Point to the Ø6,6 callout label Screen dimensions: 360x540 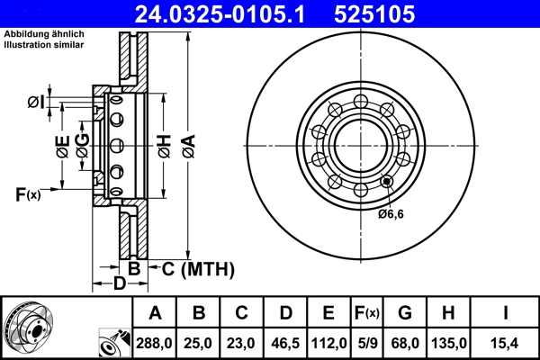(x=392, y=213)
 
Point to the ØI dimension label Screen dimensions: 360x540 (x=36, y=101)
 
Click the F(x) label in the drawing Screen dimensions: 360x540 (x=28, y=193)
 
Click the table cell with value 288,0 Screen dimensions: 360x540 (x=155, y=343)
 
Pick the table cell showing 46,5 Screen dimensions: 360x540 (x=285, y=343)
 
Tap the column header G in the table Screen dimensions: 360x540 (x=405, y=314)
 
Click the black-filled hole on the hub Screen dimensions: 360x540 (x=388, y=181)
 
